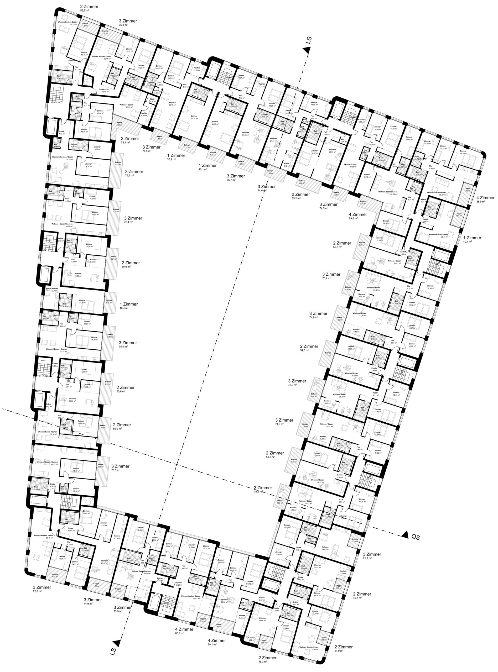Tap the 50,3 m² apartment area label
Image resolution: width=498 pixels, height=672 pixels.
[337, 247]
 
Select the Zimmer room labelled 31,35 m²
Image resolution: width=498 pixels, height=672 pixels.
[194, 117]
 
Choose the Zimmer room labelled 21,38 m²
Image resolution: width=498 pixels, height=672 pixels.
[82, 302]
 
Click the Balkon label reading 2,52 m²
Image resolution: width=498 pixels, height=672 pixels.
[118, 163]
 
